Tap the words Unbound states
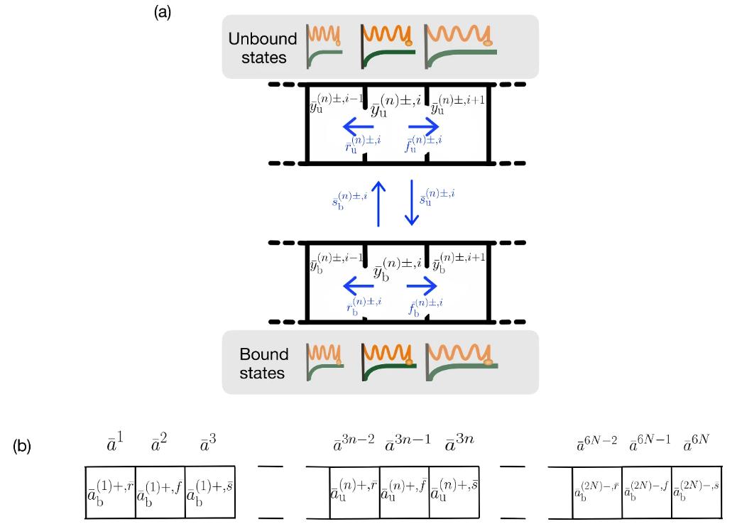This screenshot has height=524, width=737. click(258, 47)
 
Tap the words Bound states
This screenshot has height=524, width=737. click(264, 363)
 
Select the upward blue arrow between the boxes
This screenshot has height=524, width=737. click(378, 203)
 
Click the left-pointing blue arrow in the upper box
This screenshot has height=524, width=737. click(358, 127)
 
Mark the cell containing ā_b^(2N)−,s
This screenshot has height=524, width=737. click(697, 491)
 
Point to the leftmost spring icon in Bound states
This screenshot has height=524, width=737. click(324, 361)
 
